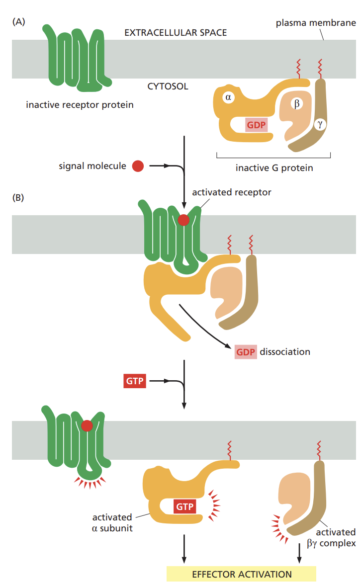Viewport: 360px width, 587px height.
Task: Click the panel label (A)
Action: (18, 21)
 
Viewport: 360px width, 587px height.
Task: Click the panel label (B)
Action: (18, 197)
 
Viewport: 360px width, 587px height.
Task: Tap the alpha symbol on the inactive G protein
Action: (228, 97)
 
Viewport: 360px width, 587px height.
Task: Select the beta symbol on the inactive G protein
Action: (296, 104)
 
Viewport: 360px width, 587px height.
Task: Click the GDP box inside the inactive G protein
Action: (256, 125)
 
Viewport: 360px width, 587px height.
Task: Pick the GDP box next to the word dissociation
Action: (246, 351)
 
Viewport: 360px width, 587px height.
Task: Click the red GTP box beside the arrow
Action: (134, 382)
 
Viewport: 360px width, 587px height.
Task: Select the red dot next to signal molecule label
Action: (138, 166)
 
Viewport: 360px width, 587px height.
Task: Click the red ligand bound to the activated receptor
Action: (183, 220)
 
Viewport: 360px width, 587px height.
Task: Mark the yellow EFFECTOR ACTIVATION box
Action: (242, 574)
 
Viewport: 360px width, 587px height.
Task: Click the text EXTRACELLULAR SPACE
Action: (175, 33)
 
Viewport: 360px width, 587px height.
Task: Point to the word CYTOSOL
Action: (168, 86)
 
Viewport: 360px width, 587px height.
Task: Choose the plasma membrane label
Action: (316, 23)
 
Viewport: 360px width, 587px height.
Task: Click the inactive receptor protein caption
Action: (80, 105)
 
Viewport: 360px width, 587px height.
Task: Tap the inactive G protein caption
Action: (274, 168)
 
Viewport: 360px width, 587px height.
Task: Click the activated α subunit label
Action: (112, 522)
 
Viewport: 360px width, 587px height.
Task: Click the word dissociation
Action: (285, 351)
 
